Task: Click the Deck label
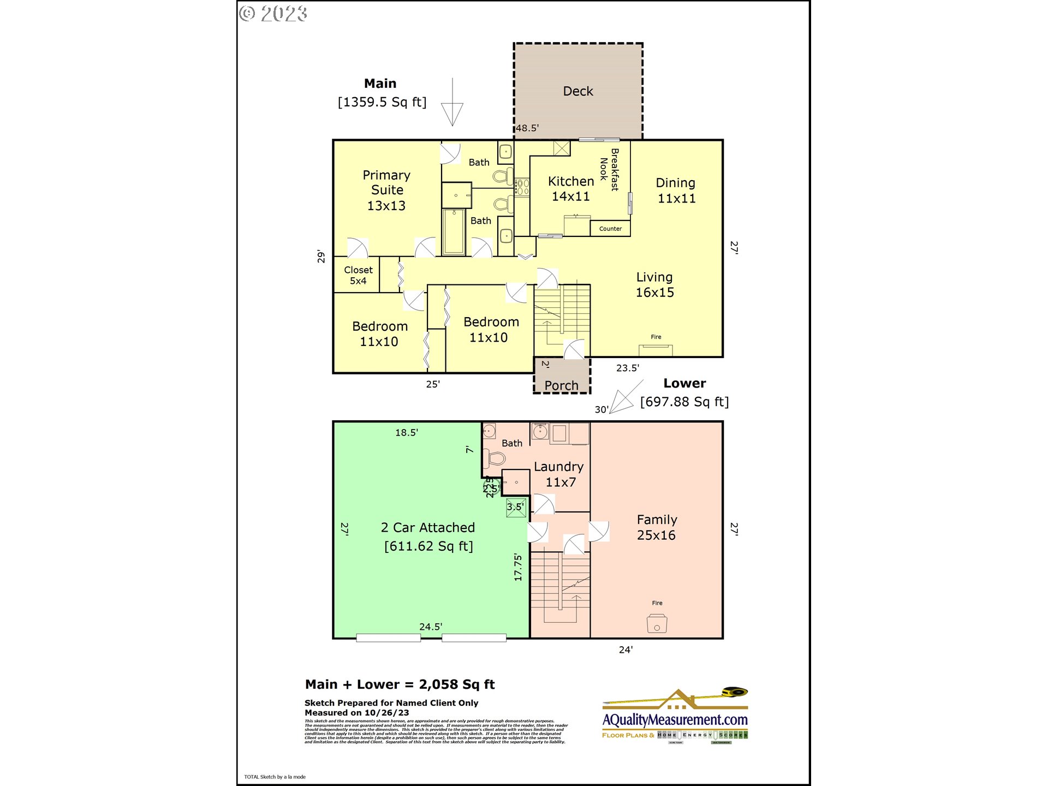(x=577, y=91)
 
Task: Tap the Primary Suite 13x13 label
(x=386, y=190)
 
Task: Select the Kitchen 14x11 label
(x=570, y=188)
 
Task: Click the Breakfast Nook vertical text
(x=609, y=169)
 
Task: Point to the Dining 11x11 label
(x=676, y=190)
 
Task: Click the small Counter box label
(x=610, y=229)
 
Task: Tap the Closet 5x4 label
(x=358, y=275)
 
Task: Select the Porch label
(x=561, y=385)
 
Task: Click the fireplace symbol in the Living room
(x=656, y=350)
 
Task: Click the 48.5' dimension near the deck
(x=527, y=128)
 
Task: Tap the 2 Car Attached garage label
(x=428, y=528)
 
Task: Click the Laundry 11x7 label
(x=559, y=474)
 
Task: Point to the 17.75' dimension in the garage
(x=518, y=567)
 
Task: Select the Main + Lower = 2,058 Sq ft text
(x=400, y=684)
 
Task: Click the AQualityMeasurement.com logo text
(x=675, y=720)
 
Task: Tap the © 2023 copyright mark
(x=273, y=14)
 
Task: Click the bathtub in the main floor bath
(x=453, y=233)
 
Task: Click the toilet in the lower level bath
(x=496, y=458)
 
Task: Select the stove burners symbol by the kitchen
(x=522, y=187)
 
